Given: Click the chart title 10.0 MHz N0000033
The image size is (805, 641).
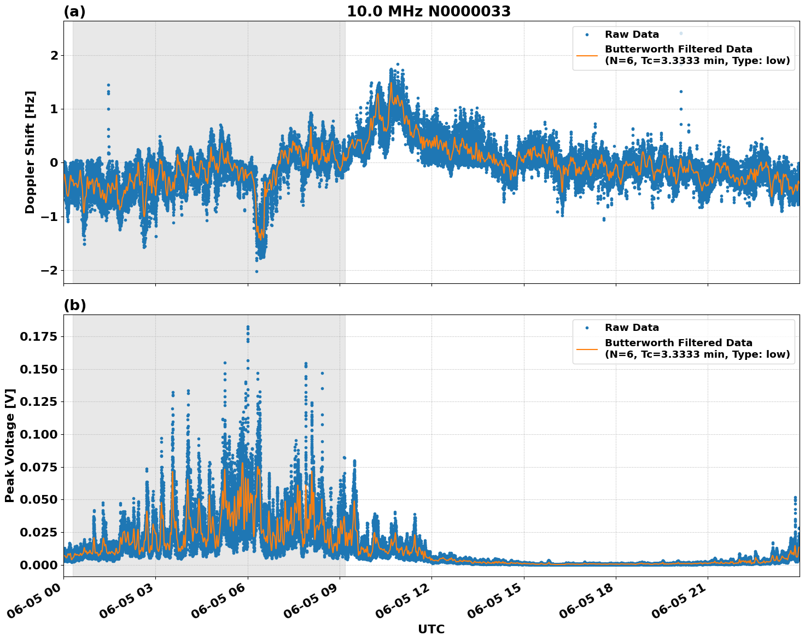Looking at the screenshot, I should pyautogui.click(x=429, y=11).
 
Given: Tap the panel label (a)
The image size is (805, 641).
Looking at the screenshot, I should pyautogui.click(x=74, y=11).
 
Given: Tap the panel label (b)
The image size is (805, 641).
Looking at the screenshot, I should pyautogui.click(x=74, y=305).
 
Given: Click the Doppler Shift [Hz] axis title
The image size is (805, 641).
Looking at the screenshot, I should pyautogui.click(x=30, y=152).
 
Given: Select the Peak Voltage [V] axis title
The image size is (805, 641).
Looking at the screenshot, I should pyautogui.click(x=10, y=445).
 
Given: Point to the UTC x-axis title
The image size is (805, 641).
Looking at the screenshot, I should pyautogui.click(x=431, y=629).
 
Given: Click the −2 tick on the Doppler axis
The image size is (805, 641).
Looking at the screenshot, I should pyautogui.click(x=49, y=271).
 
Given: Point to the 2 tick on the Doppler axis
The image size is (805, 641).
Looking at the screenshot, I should pyautogui.click(x=54, y=56).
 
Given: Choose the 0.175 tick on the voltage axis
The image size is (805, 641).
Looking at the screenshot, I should pyautogui.click(x=38, y=336).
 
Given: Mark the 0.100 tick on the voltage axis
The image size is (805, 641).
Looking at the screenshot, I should pyautogui.click(x=38, y=434).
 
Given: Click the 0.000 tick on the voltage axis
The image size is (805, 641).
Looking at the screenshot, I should pyautogui.click(x=38, y=564).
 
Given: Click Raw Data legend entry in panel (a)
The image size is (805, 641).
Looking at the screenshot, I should pyautogui.click(x=632, y=34).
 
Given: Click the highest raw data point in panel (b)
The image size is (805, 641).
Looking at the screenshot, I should pyautogui.click(x=248, y=327).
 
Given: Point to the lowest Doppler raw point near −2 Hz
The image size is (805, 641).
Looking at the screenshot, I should pyautogui.click(x=256, y=271).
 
